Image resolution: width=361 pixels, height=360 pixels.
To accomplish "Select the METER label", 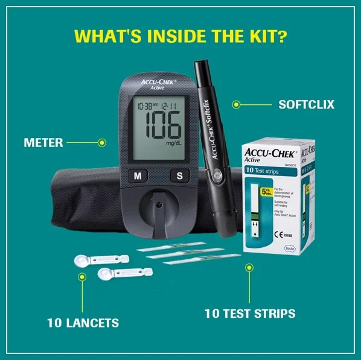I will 43,143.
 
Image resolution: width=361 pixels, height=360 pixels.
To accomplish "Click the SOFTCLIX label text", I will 306,104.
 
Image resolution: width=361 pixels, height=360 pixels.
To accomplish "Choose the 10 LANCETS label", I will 83,323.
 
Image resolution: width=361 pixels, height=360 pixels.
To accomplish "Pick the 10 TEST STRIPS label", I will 249,313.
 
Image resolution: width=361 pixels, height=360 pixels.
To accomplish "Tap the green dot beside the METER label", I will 101,143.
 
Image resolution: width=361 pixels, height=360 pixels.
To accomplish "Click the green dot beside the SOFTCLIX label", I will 237,104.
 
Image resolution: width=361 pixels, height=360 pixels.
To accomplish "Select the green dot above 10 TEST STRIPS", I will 248,267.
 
